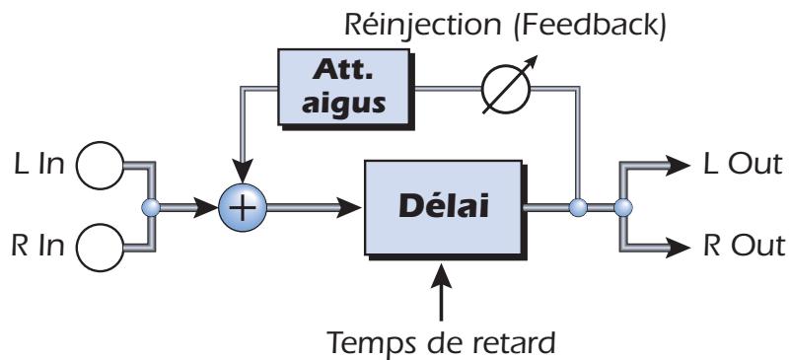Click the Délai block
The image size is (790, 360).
coord(445,207)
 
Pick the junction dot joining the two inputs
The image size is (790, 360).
coord(150,208)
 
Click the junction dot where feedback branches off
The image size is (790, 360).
coord(579,208)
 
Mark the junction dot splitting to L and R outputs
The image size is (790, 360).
coord(621,208)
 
